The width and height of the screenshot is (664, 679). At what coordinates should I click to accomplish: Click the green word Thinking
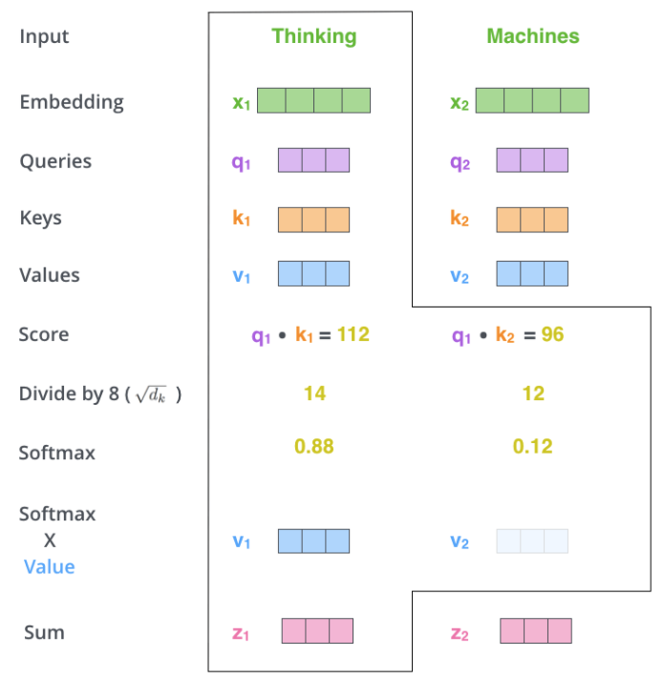[x=314, y=37]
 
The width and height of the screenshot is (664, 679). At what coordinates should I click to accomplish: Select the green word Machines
[x=533, y=36]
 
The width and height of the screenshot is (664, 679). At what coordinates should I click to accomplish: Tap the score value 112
[x=353, y=334]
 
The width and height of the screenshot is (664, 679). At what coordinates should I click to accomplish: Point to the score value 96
[x=552, y=334]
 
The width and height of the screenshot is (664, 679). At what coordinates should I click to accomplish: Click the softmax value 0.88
[x=314, y=446]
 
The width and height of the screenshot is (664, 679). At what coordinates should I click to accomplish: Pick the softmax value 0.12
[x=533, y=446]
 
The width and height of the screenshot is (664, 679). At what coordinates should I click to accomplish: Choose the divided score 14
[x=315, y=393]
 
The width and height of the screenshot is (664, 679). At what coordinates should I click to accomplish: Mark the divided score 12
[x=533, y=393]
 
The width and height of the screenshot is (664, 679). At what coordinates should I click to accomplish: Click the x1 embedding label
[x=242, y=102]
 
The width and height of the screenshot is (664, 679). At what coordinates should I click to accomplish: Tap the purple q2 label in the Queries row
[x=460, y=162]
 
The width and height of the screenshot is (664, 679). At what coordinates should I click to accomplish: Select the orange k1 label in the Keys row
[x=242, y=218]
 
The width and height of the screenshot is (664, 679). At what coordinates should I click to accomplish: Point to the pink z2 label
[x=460, y=633]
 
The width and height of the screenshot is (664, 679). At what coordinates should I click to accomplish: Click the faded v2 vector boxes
[x=532, y=541]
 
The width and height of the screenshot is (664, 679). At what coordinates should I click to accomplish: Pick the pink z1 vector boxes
[x=317, y=630]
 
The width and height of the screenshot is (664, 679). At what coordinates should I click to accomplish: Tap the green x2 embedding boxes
[x=532, y=100]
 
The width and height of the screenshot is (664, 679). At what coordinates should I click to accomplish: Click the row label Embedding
[x=72, y=102]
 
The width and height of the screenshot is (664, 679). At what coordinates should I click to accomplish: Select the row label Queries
[x=55, y=161]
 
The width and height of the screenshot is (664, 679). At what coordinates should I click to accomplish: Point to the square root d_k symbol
[x=151, y=394]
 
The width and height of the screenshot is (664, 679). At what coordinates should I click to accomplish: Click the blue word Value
[x=50, y=566]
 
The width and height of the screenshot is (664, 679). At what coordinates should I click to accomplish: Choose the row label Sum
[x=44, y=632]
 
